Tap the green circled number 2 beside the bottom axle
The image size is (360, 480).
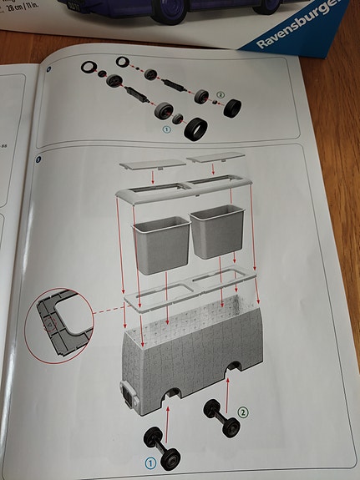(x=242, y=410)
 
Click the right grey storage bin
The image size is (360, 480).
(x=216, y=231)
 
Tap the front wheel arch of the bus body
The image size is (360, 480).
(x=172, y=395)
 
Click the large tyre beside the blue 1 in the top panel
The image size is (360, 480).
(x=197, y=130)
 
